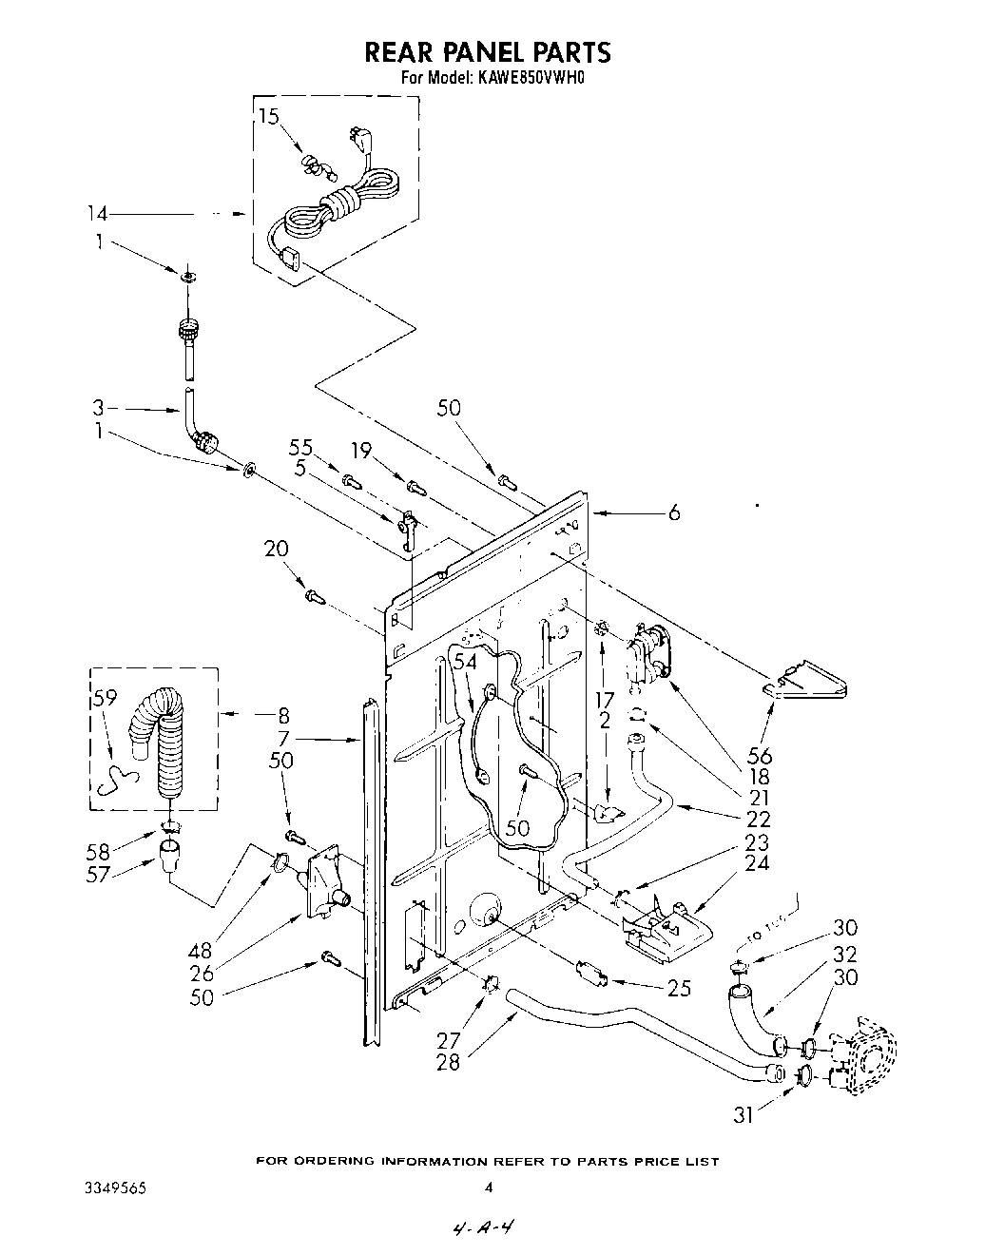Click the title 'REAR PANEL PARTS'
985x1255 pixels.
487,51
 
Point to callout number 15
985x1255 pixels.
269,117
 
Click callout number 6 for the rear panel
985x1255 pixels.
673,512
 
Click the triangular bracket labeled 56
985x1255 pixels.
808,683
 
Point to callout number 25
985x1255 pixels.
678,988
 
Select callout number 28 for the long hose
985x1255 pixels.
447,1062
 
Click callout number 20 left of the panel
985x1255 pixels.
276,550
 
